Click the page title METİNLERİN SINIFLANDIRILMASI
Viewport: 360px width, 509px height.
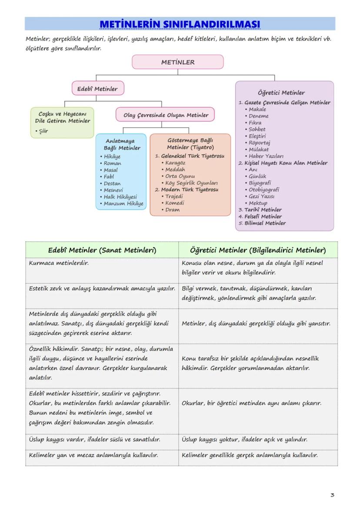tap(180, 23)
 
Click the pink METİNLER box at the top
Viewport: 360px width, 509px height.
tap(177, 62)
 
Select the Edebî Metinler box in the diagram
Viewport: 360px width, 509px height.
tap(97, 89)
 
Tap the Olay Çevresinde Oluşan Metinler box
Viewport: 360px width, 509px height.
tap(165, 115)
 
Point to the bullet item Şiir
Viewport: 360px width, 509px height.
tap(43, 131)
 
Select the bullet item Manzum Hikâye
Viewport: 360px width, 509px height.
tap(123, 203)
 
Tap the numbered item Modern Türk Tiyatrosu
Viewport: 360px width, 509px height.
tap(190, 190)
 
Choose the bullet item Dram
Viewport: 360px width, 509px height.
tap(172, 210)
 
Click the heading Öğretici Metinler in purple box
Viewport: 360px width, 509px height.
tap(281, 93)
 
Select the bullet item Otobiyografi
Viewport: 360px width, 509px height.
tap(264, 190)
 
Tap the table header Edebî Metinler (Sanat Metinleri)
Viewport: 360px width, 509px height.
tap(102, 250)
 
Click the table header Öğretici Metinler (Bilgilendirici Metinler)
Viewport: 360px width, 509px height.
tap(257, 250)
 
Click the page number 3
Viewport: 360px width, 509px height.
tap(332, 495)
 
